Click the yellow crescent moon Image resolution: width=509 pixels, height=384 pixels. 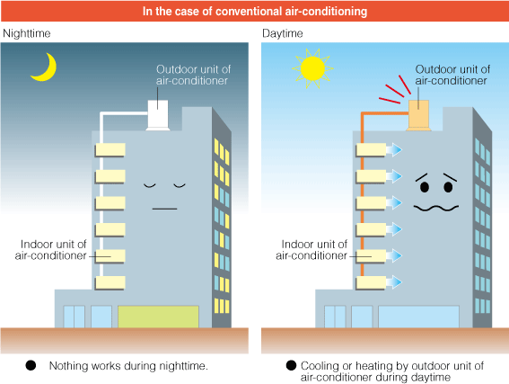48,73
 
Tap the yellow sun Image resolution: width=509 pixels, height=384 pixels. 312,68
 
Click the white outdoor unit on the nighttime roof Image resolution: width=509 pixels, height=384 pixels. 158,115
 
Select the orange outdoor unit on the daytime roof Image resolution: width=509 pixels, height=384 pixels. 418,115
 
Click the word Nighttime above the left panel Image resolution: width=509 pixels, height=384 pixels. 27,33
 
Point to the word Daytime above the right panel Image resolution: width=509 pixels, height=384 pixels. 283,33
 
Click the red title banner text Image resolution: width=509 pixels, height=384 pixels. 255,12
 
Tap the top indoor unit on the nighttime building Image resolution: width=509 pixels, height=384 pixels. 110,150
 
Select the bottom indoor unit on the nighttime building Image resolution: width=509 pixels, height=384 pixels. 110,282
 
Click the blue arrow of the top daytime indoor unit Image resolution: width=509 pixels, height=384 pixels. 394,150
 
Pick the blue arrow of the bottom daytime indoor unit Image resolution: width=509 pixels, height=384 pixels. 394,282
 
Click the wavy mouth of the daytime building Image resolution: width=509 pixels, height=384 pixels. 436,208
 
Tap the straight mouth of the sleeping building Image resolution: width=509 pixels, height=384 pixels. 164,209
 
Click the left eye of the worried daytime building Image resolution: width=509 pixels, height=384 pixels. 425,187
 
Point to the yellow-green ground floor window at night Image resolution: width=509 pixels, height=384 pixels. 158,317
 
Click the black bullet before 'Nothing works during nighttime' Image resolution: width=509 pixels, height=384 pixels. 31,365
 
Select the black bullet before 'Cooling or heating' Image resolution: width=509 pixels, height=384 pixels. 291,365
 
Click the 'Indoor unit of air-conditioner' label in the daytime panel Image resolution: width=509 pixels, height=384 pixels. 312,250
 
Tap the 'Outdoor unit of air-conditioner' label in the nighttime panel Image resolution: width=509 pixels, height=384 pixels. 193,75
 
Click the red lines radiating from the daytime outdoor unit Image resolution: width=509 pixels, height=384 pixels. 395,90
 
